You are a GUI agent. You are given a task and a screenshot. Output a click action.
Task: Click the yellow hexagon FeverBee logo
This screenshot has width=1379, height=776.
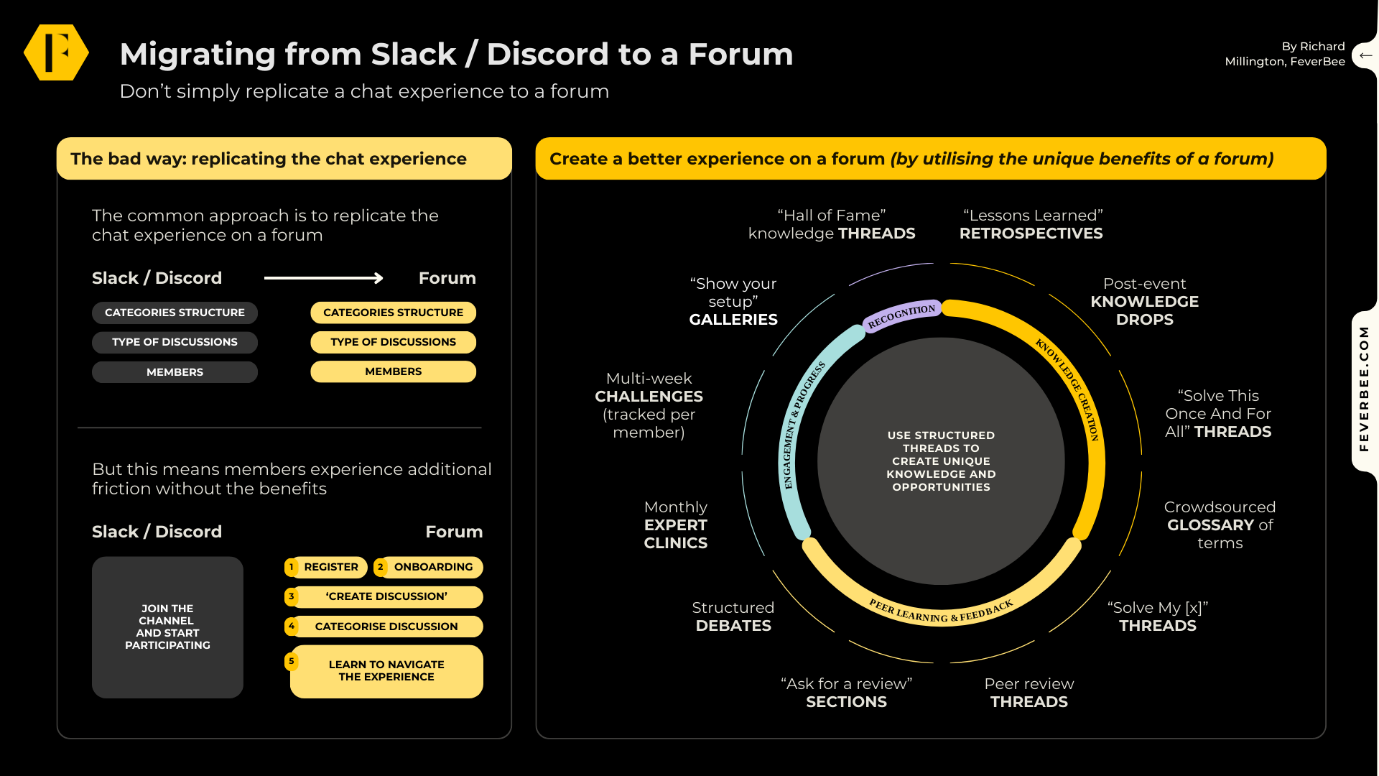pos(56,52)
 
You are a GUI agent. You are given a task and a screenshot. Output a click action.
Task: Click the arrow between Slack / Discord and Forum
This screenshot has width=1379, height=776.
pos(323,278)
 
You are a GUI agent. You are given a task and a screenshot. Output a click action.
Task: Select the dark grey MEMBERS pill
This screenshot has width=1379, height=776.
pos(175,372)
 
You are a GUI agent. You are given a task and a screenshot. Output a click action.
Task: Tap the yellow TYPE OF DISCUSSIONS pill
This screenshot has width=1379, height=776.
pos(393,342)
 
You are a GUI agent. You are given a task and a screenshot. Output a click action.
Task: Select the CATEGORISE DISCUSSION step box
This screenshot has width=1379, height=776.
pos(386,627)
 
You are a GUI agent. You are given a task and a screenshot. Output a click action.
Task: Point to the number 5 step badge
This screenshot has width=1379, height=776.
pos(292,661)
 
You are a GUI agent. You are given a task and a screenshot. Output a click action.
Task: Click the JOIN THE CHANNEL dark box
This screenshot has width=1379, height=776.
pos(167,627)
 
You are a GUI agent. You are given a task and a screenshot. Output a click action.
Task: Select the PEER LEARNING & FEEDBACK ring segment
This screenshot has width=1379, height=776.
pos(941,611)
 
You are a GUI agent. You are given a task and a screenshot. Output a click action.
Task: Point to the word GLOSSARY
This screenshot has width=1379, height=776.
pos(1210,525)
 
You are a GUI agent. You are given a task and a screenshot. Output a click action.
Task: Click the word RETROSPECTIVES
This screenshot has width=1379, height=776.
pos(1031,234)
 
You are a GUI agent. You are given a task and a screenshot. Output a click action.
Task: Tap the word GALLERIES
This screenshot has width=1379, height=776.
pos(733,320)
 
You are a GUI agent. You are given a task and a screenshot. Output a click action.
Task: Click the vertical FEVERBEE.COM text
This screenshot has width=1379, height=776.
pos(1364,389)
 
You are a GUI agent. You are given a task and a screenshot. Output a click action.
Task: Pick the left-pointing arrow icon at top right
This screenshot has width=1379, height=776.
pos(1365,55)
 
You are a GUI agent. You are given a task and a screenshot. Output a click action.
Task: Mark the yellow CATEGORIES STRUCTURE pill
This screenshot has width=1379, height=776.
pos(393,313)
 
